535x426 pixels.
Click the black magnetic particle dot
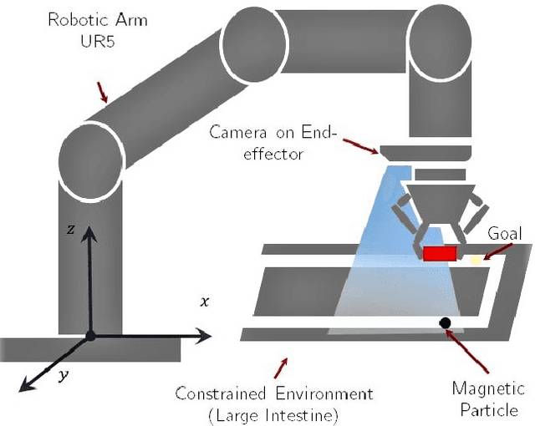(445, 322)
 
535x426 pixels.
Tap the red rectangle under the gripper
(440, 253)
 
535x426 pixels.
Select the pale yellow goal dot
(476, 260)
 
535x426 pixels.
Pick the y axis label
(63, 377)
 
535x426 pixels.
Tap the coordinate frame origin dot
(90, 336)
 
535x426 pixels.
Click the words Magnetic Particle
(487, 398)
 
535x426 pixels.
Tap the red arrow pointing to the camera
(361, 147)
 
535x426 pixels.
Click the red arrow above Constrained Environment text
(283, 365)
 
